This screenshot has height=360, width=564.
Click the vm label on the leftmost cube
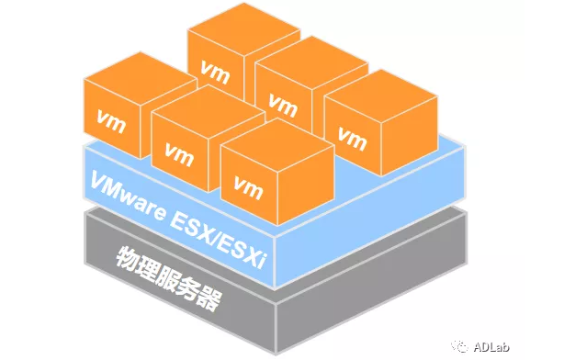(110, 118)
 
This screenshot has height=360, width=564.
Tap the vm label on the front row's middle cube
(179, 152)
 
